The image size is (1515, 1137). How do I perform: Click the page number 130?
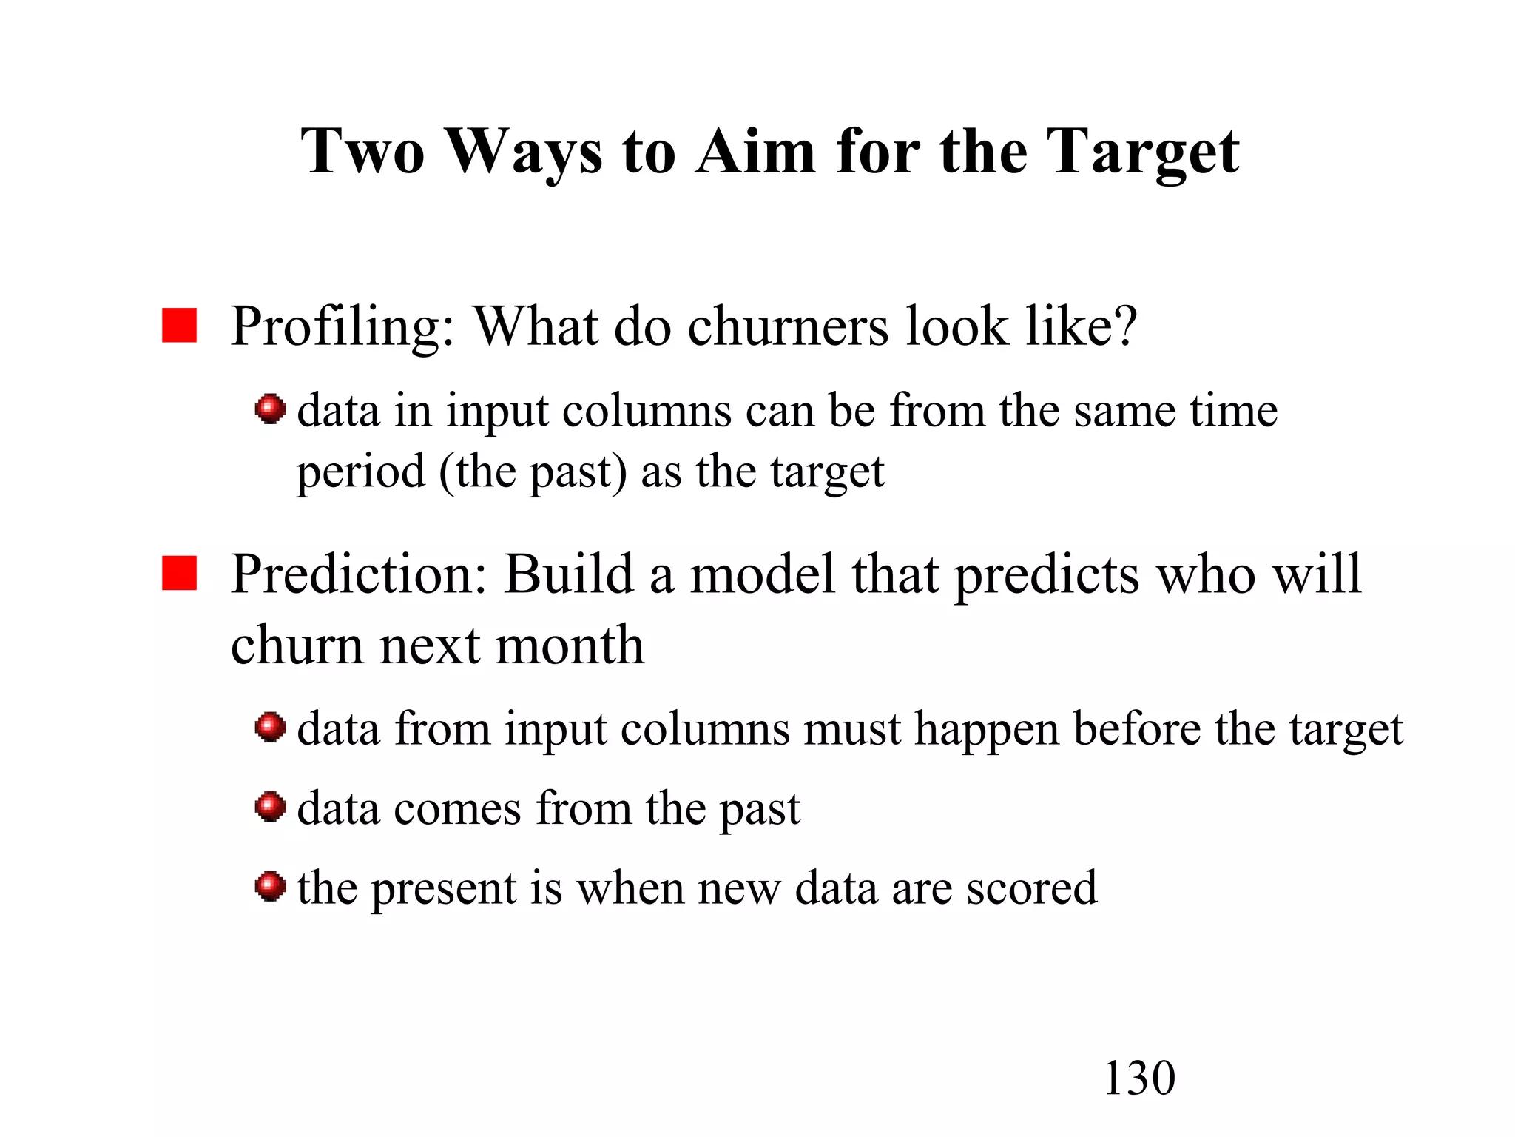pos(1138,1078)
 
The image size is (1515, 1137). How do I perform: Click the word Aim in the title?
pos(755,151)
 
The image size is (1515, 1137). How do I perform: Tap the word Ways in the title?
pos(524,152)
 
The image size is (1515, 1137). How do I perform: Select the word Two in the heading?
pos(362,151)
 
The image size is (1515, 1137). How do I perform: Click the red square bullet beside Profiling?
pos(179,326)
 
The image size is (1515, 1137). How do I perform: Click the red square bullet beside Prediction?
pos(179,574)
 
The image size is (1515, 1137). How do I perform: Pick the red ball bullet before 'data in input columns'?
pos(270,409)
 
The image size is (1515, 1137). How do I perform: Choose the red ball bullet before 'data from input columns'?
pos(270,728)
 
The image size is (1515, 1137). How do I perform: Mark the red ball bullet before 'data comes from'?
pos(270,807)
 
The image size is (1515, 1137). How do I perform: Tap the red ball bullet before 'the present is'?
pos(270,886)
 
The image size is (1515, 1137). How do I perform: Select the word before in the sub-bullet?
pos(1136,729)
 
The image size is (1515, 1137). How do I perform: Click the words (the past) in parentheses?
pos(533,472)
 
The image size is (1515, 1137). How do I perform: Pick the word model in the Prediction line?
pos(763,574)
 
